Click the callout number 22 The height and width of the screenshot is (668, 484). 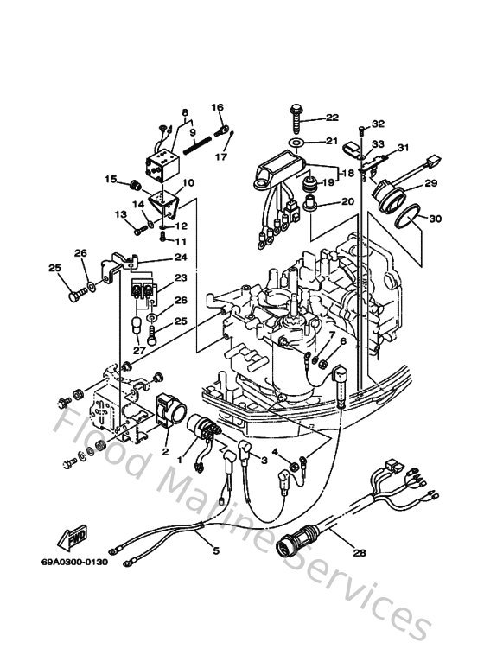pos(333,118)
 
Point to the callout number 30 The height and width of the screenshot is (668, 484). pos(435,219)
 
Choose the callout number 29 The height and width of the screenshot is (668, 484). pos(430,182)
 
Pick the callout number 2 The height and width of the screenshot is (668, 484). pos(165,452)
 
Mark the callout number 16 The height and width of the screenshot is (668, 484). pos(217,108)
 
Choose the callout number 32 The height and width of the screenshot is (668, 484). pos(378,124)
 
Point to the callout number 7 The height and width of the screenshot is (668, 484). pos(331,334)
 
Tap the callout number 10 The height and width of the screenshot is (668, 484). pos(188,182)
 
